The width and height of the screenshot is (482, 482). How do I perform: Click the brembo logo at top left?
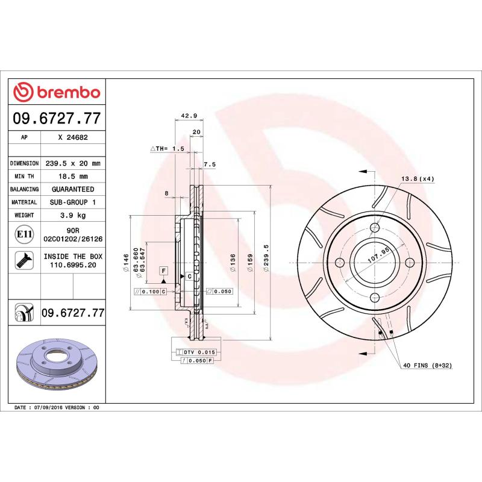coord(57,92)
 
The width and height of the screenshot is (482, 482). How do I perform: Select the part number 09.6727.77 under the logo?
coord(57,119)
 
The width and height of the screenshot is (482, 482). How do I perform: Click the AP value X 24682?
coord(73,137)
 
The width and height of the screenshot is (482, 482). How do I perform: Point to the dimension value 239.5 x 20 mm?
coord(72,163)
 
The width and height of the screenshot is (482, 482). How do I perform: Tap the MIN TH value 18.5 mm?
coord(72,176)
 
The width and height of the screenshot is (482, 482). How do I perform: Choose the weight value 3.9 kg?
coord(72,215)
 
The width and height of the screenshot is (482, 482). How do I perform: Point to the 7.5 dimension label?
coord(210,164)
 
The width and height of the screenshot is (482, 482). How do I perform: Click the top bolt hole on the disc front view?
coord(374,228)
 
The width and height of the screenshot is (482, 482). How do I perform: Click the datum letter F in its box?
coord(163,271)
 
